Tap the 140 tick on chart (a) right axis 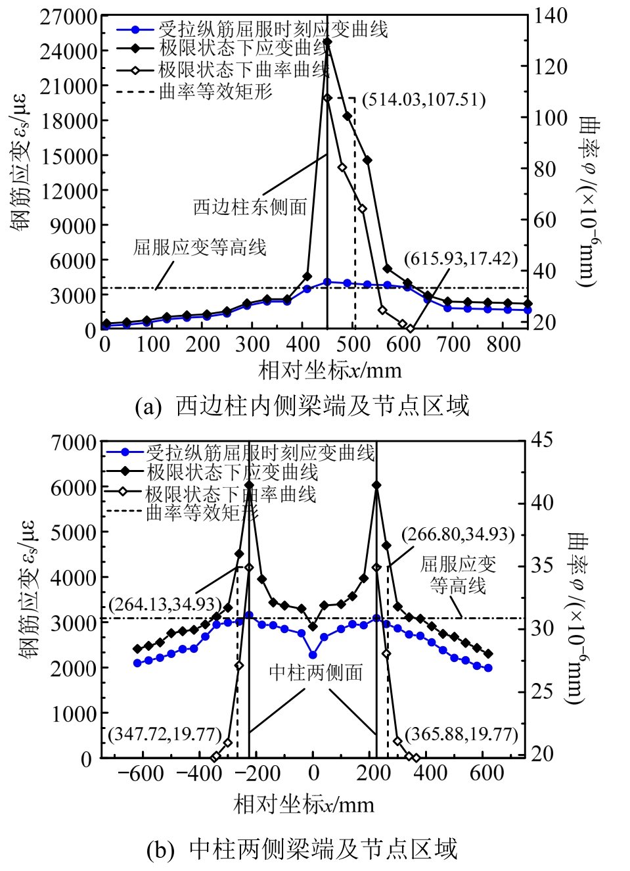[x=551, y=16]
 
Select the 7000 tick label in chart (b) [x=74, y=443]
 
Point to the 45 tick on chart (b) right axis [x=542, y=440]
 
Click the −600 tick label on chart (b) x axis [x=141, y=773]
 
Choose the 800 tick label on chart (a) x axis [x=503, y=344]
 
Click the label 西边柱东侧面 [x=250, y=207]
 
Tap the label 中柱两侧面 [x=316, y=672]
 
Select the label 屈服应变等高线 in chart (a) [x=200, y=247]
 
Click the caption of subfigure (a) [x=302, y=406]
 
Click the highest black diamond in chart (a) [x=328, y=42]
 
